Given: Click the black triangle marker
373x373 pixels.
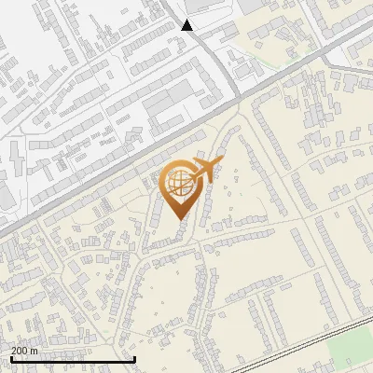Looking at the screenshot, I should point(186,25).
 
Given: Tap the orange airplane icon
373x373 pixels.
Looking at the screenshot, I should point(207,169).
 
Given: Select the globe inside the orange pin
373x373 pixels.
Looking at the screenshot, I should point(179,185).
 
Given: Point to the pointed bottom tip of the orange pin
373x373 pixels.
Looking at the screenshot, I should point(180,219).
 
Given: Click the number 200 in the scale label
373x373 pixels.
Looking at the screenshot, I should point(20,351).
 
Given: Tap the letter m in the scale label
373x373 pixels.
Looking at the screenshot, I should point(35,351).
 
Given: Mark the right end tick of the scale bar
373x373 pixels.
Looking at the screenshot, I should point(135,358).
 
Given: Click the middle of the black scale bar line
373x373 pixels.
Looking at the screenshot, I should point(72,359).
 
